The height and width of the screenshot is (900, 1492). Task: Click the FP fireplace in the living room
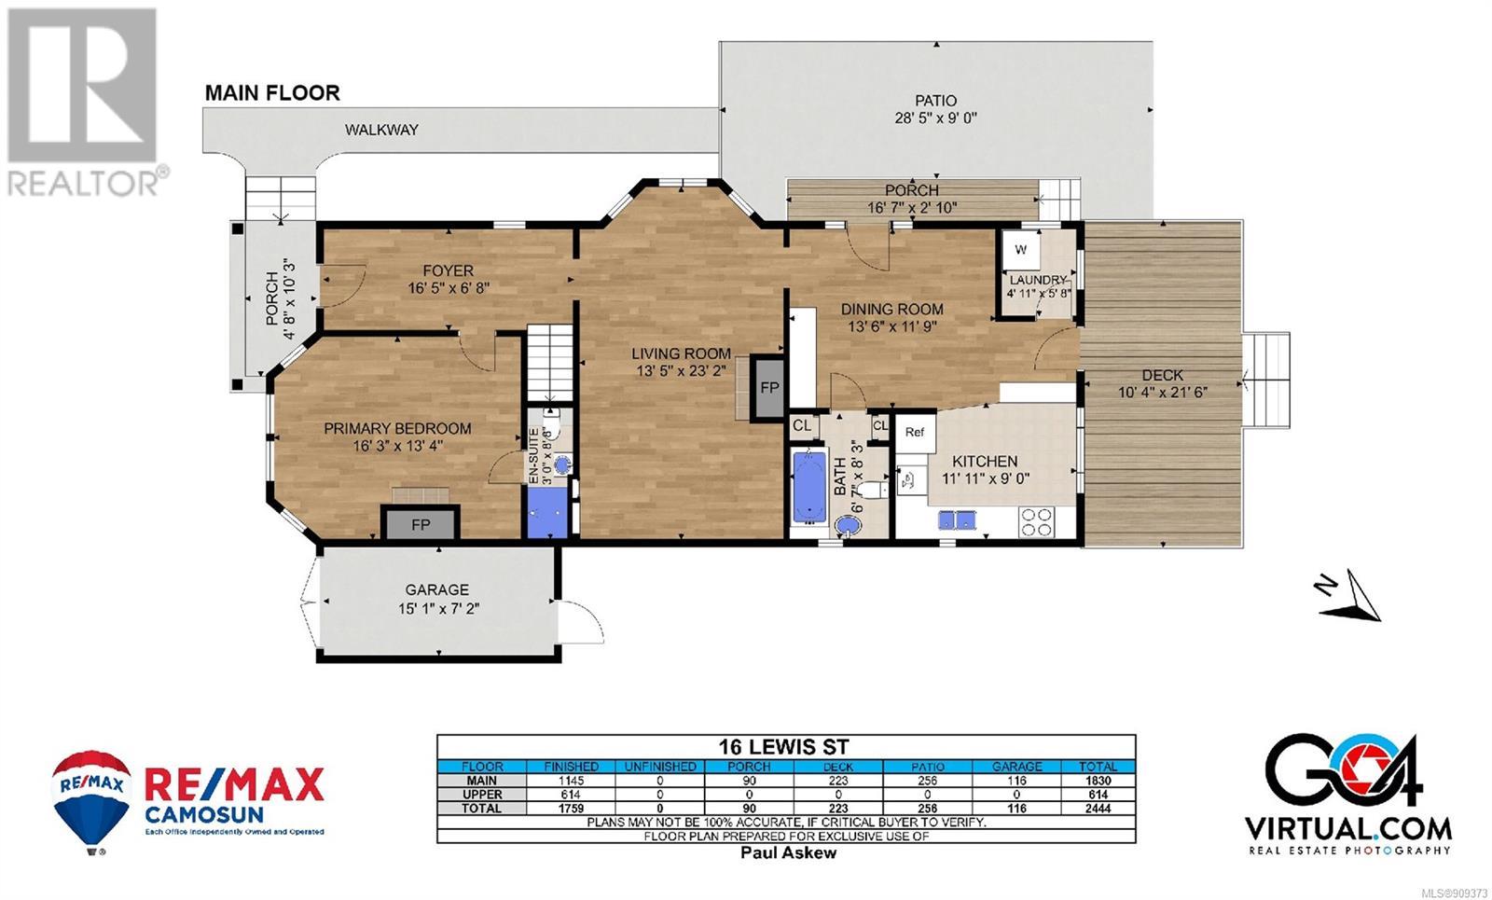(768, 388)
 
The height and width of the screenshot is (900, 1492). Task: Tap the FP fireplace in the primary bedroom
(421, 523)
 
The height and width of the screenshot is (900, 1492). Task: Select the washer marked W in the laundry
(1020, 250)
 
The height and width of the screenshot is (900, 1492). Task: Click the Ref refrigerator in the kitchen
(915, 433)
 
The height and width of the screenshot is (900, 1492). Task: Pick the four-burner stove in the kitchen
(1036, 521)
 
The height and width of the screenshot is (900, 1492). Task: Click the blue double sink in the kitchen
(957, 519)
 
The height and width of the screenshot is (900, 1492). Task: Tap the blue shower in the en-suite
(547, 512)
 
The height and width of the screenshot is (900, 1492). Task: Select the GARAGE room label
(437, 589)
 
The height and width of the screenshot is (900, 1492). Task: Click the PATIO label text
(936, 101)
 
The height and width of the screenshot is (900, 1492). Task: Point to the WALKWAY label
(381, 130)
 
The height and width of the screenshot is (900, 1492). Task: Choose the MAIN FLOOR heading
(272, 92)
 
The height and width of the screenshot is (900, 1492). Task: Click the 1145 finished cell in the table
(571, 781)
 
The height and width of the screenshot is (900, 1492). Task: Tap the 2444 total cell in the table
(1098, 809)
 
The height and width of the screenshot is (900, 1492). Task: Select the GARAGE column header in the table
(1016, 767)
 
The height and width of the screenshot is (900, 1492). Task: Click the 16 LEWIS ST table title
(784, 747)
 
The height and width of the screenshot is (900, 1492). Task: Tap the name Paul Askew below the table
(789, 852)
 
